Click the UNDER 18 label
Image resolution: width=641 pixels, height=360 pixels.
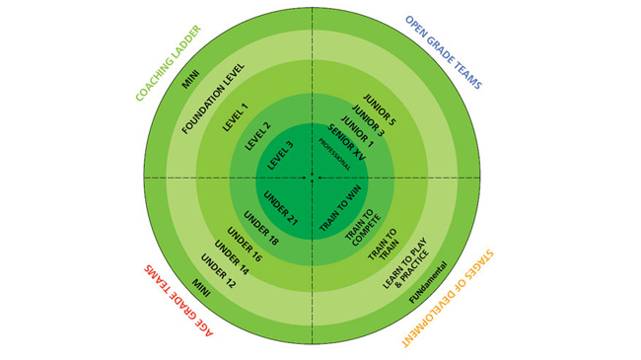[260, 226]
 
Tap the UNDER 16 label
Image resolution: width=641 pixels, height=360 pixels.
[244, 242]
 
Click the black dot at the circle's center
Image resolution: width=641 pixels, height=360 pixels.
[312, 179]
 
